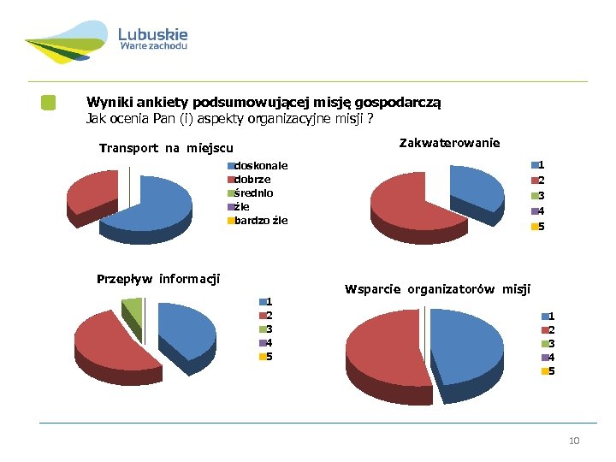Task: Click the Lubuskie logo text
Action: (152, 35)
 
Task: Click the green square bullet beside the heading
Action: (49, 103)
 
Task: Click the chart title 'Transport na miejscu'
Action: (166, 148)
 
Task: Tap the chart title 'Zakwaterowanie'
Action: (449, 142)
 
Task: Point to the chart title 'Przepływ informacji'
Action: (158, 278)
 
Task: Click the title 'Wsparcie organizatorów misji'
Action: (437, 288)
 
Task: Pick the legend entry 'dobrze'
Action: (252, 179)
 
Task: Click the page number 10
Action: (574, 441)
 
